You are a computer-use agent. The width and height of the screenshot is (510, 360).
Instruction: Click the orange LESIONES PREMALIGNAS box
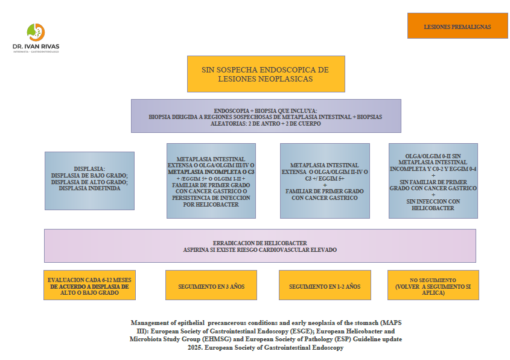(x=457, y=26)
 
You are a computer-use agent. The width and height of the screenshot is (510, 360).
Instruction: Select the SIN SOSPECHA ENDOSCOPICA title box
(x=266, y=74)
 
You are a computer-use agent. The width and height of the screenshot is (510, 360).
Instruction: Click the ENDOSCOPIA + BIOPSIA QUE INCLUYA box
(x=266, y=115)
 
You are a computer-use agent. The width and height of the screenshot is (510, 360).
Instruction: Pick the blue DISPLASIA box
(x=89, y=180)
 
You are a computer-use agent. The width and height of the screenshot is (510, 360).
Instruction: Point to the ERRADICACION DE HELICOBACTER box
(x=260, y=245)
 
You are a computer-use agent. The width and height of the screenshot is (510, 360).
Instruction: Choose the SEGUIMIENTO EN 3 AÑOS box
(x=211, y=286)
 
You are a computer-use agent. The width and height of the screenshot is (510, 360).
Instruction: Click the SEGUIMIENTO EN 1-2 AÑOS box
(x=324, y=286)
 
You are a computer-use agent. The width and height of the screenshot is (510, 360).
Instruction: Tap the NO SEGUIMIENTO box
(x=433, y=285)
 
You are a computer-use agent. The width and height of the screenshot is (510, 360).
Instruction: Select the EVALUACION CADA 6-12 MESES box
(x=89, y=285)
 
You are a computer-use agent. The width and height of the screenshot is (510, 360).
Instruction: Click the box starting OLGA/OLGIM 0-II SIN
(x=433, y=180)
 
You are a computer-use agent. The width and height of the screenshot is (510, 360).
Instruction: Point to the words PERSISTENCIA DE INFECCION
(x=211, y=197)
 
